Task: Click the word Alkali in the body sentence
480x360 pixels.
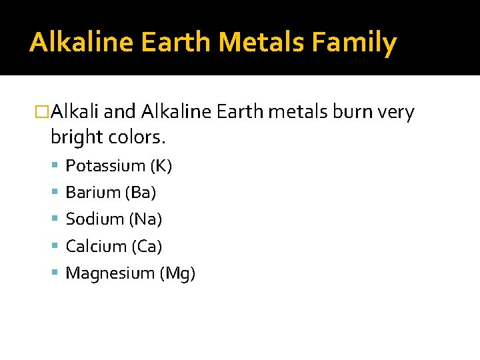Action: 75,113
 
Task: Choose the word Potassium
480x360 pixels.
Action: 105,166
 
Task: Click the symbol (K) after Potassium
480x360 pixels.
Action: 161,166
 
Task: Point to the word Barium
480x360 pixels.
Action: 93,193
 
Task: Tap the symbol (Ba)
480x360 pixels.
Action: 141,193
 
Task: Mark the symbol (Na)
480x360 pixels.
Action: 146,219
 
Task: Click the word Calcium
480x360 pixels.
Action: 96,246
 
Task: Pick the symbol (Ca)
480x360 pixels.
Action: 147,246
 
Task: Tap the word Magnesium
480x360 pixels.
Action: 110,273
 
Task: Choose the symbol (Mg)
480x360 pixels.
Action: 177,273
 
